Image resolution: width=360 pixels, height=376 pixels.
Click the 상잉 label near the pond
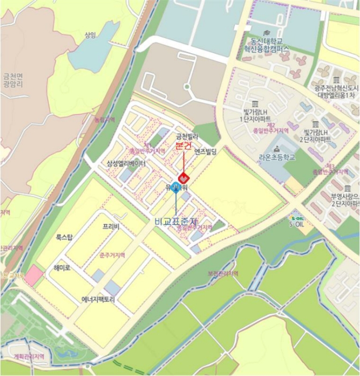tap(90, 35)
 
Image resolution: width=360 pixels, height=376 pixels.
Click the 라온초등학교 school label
tap(277, 157)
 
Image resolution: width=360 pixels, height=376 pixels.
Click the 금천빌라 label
tap(187, 137)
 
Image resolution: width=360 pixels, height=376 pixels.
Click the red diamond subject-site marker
tap(183, 177)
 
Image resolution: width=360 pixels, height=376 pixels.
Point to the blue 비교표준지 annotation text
tap(176, 221)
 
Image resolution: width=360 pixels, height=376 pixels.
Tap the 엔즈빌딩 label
tap(205, 152)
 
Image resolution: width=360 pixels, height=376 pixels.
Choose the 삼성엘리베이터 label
tap(126, 163)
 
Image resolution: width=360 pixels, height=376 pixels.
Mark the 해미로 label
tap(62, 267)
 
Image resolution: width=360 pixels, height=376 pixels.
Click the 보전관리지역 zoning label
tap(222, 274)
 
